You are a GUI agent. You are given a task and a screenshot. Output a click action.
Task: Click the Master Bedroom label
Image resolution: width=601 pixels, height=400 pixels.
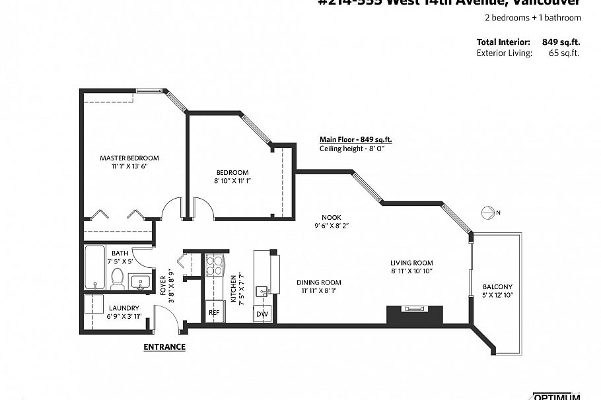click(x=129, y=158)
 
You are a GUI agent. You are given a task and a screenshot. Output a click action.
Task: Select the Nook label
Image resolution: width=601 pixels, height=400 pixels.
click(x=331, y=217)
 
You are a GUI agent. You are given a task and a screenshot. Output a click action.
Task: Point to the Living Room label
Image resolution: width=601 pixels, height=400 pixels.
click(x=411, y=262)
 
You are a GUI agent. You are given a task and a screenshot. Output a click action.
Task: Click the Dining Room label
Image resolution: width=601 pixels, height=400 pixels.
click(x=318, y=282)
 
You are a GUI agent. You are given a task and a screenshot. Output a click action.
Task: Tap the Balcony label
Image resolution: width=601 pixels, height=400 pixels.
click(x=497, y=286)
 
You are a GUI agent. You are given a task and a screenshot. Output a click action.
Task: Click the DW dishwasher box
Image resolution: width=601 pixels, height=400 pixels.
click(x=262, y=314)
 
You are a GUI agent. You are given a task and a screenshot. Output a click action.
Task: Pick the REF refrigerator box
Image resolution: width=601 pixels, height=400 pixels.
click(x=214, y=312)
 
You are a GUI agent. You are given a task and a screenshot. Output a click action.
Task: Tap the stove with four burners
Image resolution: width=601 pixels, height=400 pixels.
click(x=215, y=265)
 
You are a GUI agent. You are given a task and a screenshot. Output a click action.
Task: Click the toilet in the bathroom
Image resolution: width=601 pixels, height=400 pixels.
click(x=118, y=278)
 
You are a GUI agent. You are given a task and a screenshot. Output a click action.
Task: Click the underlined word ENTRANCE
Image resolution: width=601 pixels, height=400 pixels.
click(x=164, y=347)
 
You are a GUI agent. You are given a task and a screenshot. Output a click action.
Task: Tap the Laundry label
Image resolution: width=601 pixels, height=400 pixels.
click(x=124, y=308)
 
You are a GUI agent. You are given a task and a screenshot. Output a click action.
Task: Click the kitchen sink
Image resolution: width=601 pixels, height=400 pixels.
click(x=263, y=290)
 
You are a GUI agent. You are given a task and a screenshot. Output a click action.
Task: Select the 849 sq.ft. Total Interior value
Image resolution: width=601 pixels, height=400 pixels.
click(x=561, y=42)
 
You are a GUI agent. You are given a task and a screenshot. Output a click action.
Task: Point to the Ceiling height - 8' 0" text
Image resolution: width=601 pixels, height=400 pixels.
click(x=351, y=149)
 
